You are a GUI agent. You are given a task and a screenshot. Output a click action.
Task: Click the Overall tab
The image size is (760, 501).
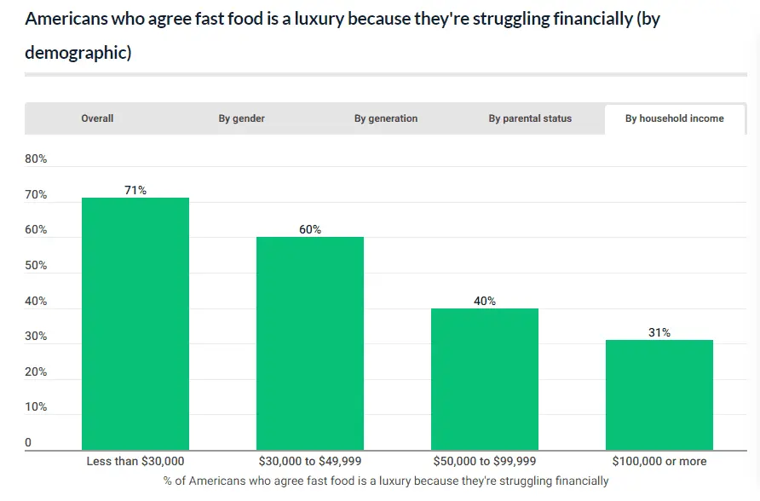(x=97, y=118)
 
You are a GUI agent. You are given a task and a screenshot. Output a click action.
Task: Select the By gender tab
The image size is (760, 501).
(x=241, y=118)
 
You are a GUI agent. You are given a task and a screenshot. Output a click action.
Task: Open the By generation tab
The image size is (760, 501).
(x=386, y=118)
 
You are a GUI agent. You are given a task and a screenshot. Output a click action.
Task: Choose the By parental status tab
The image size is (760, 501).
(x=530, y=118)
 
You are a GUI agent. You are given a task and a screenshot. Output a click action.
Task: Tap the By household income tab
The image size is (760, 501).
(x=674, y=118)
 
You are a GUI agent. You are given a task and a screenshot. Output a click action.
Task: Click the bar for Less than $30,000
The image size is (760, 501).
(x=135, y=324)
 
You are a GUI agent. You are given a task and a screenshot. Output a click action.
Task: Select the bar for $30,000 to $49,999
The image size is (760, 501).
(x=310, y=343)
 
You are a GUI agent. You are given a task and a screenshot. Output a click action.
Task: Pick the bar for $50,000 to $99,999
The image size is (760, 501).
(x=485, y=378)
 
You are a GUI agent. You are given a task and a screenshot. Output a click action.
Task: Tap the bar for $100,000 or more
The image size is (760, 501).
(x=659, y=394)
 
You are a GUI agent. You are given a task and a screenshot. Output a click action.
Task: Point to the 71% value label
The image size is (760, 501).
(x=135, y=190)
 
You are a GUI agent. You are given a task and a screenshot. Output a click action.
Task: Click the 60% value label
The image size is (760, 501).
(x=310, y=229)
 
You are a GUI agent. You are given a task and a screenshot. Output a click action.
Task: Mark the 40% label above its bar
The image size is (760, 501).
(x=485, y=301)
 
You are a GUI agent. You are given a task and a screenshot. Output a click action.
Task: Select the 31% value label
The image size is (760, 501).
(x=659, y=332)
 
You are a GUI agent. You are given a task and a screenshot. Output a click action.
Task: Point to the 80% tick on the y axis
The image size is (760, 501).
(x=36, y=158)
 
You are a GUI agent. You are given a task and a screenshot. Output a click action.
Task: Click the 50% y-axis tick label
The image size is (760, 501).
(x=36, y=266)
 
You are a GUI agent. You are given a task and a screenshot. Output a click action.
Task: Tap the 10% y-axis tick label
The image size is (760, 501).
(x=36, y=407)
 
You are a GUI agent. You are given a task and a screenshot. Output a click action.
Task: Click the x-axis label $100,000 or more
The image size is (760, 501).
(x=659, y=461)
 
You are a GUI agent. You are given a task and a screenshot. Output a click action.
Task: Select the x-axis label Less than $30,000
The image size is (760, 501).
(x=135, y=461)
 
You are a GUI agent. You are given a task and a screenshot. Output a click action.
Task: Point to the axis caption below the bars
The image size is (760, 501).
(x=386, y=481)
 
